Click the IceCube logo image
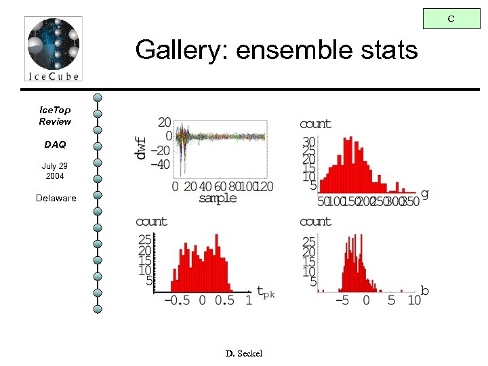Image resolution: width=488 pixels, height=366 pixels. (53, 49)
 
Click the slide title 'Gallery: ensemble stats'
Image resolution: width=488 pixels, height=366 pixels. (276, 49)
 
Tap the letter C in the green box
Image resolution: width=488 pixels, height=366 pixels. (451, 19)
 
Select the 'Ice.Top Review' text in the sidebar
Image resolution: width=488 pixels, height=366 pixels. (55, 115)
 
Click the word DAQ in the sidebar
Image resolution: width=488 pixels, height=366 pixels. (55, 144)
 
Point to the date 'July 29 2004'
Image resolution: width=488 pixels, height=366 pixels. (55, 171)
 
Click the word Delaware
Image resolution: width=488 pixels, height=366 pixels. (56, 198)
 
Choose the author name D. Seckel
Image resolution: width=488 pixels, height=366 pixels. (243, 353)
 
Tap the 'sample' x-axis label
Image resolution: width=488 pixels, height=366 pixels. (218, 198)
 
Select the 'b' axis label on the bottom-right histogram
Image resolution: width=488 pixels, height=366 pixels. (425, 291)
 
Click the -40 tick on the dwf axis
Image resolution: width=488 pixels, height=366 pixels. (160, 164)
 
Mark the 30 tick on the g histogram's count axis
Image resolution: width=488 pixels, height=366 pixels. (309, 141)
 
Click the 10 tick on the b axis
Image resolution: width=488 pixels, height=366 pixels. (413, 300)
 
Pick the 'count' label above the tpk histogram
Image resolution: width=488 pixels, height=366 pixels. (151, 222)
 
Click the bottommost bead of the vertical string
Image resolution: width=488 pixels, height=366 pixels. (98, 309)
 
